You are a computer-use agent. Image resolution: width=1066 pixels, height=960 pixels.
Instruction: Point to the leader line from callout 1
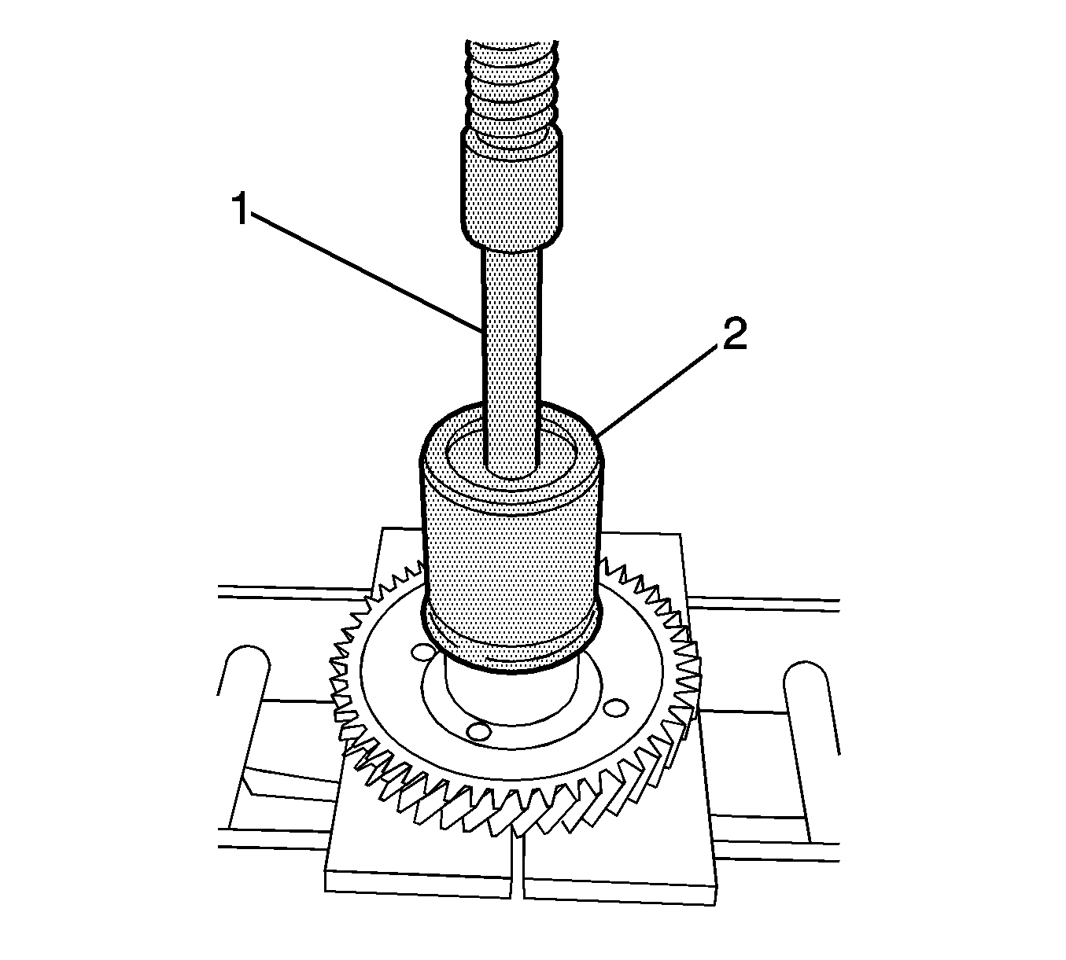point(370,271)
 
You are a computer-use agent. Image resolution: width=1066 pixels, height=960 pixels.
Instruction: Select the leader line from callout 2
point(661,385)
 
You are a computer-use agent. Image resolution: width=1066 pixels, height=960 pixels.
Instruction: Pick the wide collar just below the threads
point(511,189)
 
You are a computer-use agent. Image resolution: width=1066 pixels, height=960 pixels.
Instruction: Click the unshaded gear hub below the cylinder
point(511,692)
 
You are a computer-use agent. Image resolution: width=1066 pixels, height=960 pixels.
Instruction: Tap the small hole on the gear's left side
point(422,653)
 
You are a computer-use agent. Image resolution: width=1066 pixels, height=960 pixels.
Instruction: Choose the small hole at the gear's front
point(477,731)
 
